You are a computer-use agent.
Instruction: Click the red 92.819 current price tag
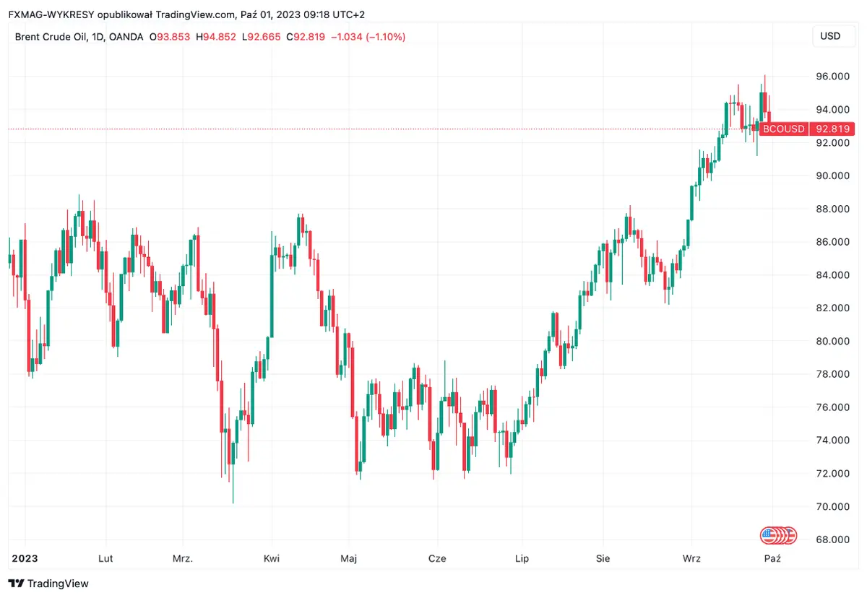click(x=832, y=129)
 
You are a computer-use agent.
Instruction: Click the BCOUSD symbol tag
click(x=784, y=129)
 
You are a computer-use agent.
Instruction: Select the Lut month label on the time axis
click(x=105, y=558)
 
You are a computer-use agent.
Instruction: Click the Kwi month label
click(x=272, y=558)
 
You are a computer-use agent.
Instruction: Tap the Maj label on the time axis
click(x=349, y=558)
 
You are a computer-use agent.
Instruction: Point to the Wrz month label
click(x=692, y=558)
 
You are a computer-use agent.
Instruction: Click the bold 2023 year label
click(x=25, y=558)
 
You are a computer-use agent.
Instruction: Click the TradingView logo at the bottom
click(x=48, y=583)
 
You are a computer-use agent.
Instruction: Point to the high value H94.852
click(x=216, y=36)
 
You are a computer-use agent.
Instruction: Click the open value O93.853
click(x=171, y=36)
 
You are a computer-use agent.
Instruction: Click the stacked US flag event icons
click(x=778, y=535)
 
